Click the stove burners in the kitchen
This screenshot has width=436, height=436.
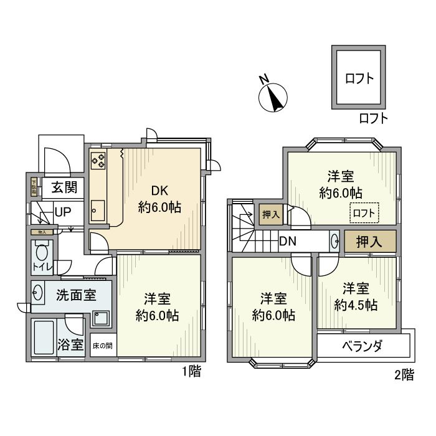pyautogui.click(x=98, y=161)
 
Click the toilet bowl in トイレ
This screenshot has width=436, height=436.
pyautogui.click(x=42, y=254)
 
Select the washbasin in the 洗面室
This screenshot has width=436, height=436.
pyautogui.click(x=37, y=293)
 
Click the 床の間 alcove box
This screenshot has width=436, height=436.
pyautogui.click(x=103, y=345)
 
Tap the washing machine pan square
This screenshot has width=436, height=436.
pyautogui.click(x=100, y=319)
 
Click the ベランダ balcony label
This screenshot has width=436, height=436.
pyautogui.click(x=362, y=346)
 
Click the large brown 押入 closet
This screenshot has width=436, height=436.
pyautogui.click(x=370, y=241)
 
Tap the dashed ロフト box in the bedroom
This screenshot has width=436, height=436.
pyautogui.click(x=364, y=213)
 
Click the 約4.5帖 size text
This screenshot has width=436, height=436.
pyautogui.click(x=355, y=305)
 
